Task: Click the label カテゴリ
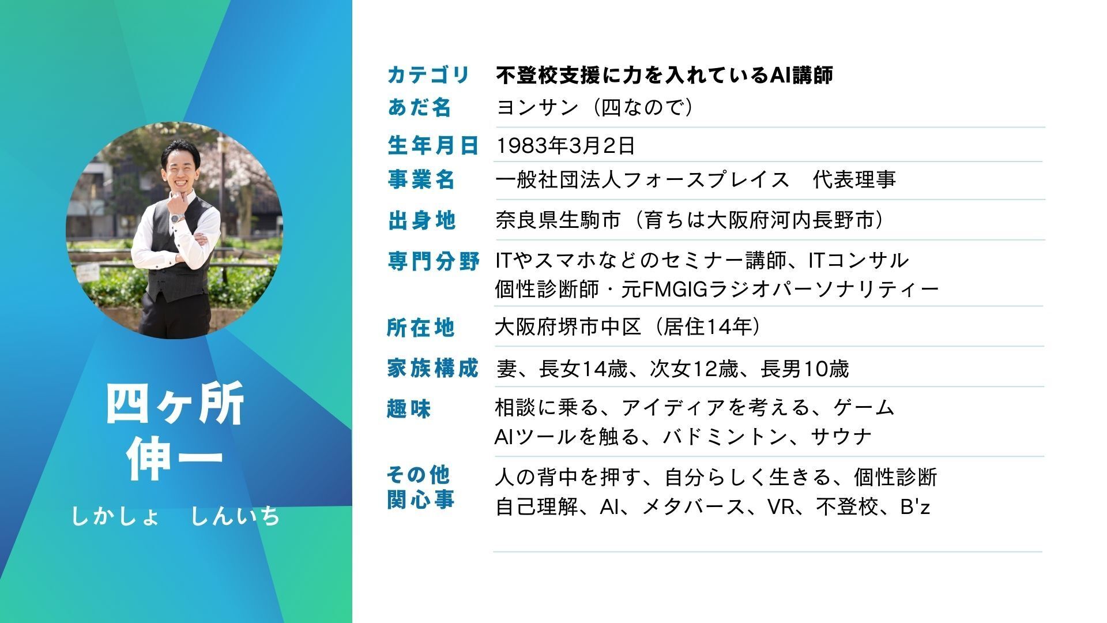[x=428, y=75]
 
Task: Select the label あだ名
[x=419, y=108]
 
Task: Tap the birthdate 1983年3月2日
[x=566, y=146]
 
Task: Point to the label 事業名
[x=421, y=180]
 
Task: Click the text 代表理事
[x=854, y=180]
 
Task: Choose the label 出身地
[x=421, y=220]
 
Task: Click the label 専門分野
[x=433, y=261]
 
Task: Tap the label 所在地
[x=421, y=328]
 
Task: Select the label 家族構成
[x=433, y=368]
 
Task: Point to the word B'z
[x=915, y=507]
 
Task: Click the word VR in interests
[x=781, y=507]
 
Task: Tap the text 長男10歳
[x=805, y=369]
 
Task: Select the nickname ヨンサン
[x=537, y=108]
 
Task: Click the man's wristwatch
[x=178, y=217]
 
